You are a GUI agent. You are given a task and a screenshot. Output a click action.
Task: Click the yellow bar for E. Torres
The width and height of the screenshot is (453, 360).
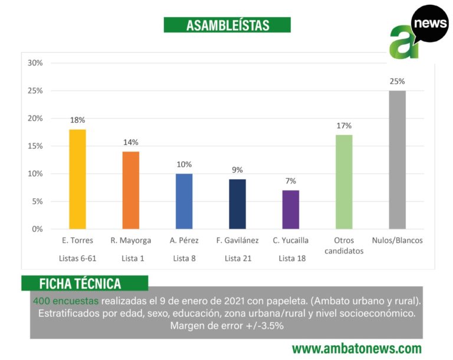(x=77, y=179)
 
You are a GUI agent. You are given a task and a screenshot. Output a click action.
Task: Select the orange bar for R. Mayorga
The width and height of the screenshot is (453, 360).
(x=130, y=190)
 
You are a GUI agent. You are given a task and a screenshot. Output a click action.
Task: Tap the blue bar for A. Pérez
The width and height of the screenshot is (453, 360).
(x=184, y=201)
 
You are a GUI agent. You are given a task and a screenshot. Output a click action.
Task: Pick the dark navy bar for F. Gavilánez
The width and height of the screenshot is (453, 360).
(x=237, y=204)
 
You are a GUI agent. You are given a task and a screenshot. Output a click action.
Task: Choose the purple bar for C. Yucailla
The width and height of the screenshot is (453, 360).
(x=291, y=209)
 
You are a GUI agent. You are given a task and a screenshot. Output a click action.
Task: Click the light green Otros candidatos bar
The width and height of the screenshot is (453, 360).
(x=344, y=182)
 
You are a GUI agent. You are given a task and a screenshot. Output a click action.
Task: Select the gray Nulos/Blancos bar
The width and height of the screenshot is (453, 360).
(x=397, y=159)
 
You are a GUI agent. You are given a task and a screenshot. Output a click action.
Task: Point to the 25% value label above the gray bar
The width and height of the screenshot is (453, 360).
(x=397, y=81)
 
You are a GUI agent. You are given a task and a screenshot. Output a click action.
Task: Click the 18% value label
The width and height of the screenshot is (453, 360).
(x=77, y=120)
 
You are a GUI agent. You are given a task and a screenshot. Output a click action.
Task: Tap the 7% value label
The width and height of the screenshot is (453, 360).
(x=291, y=181)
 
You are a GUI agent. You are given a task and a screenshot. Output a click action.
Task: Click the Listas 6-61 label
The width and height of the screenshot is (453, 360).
(x=77, y=258)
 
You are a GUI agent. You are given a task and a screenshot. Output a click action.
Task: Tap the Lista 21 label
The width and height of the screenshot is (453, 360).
(x=237, y=258)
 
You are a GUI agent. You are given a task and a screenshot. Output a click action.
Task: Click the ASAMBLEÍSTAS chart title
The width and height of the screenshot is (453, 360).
(x=227, y=25)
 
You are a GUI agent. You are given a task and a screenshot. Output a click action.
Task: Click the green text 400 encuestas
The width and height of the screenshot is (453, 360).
(x=66, y=300)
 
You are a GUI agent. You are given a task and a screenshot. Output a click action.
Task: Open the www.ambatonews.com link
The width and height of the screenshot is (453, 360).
(x=357, y=348)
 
